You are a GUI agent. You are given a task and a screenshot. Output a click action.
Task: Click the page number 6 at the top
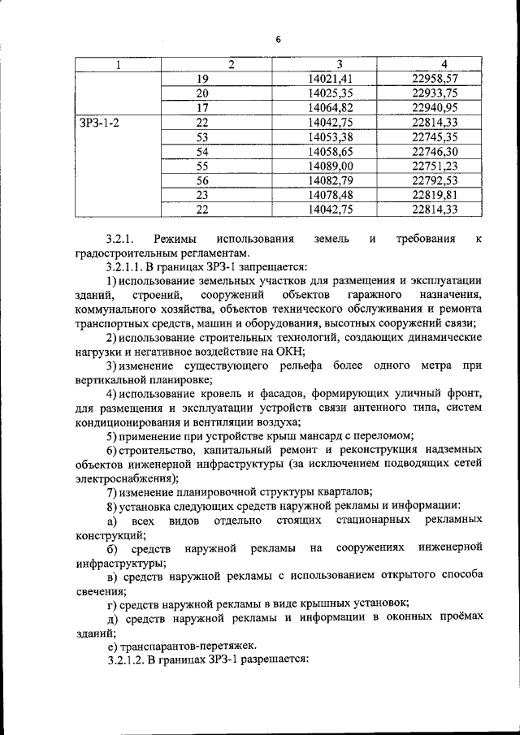276,38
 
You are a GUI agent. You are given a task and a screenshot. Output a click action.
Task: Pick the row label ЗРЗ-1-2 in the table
98,122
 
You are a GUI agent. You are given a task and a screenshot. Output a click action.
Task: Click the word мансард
322,436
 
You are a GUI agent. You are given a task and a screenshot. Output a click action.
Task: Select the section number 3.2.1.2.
128,659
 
